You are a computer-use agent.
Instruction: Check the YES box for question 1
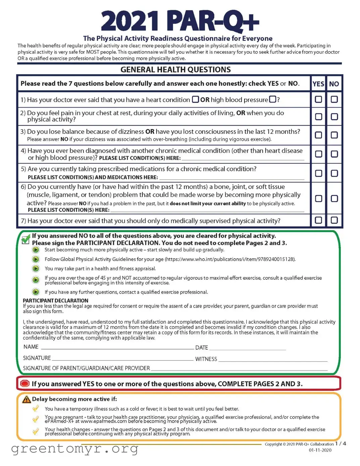tap(318, 99)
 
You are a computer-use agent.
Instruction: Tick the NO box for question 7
tap(334, 220)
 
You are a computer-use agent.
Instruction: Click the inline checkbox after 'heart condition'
tap(195, 99)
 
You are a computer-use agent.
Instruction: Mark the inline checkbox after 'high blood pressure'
tap(272, 99)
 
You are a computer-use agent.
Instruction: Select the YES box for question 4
tap(318, 154)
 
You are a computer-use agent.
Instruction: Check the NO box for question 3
tap(334, 135)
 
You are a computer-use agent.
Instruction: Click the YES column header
tap(318, 84)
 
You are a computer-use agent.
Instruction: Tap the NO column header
tap(334, 84)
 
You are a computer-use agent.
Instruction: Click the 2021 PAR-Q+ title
tap(180, 21)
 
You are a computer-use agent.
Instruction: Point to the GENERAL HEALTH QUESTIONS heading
tap(175, 69)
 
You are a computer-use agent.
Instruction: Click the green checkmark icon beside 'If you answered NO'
tap(26, 239)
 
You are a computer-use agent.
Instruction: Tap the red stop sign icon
tap(25, 384)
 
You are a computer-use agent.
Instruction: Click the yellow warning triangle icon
tap(27, 399)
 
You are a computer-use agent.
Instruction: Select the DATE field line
tap(247, 348)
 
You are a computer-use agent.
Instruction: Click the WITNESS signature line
tap(272, 359)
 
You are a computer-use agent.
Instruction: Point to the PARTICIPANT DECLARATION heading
tap(55, 300)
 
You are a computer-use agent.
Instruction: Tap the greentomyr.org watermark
tap(74, 449)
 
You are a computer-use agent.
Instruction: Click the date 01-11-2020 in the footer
tap(320, 450)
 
